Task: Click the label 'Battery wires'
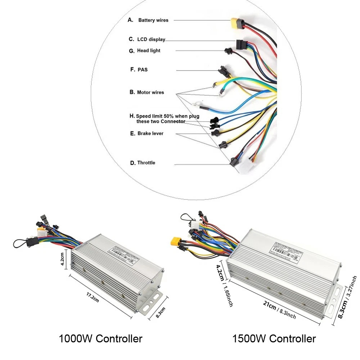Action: click(x=153, y=20)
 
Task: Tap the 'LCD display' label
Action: click(x=152, y=39)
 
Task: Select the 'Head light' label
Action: click(x=149, y=51)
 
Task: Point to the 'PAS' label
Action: click(x=143, y=69)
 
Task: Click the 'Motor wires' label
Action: click(x=150, y=93)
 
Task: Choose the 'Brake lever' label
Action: click(x=150, y=134)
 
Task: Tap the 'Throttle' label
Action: click(x=146, y=163)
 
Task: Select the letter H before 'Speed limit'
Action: click(x=132, y=116)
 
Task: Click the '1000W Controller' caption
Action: click(x=100, y=338)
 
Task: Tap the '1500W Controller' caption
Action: click(x=274, y=338)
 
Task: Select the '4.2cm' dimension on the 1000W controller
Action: click(x=62, y=258)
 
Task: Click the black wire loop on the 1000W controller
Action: click(x=20, y=243)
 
